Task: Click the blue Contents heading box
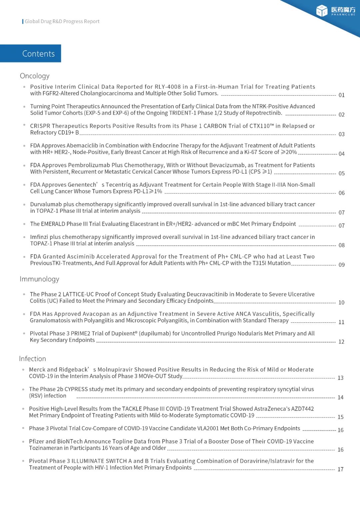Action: (31, 53)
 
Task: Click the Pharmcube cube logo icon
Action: (322, 11)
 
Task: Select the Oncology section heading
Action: (35, 76)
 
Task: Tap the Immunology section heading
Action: (39, 279)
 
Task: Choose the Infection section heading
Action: (32, 359)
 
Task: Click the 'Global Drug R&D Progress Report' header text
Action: (62, 21)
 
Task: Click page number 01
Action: (341, 95)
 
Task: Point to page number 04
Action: (341, 154)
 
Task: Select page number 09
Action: (341, 265)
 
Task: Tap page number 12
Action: (341, 342)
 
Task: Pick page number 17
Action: (340, 469)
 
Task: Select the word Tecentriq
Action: (118, 185)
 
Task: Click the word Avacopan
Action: (96, 314)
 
